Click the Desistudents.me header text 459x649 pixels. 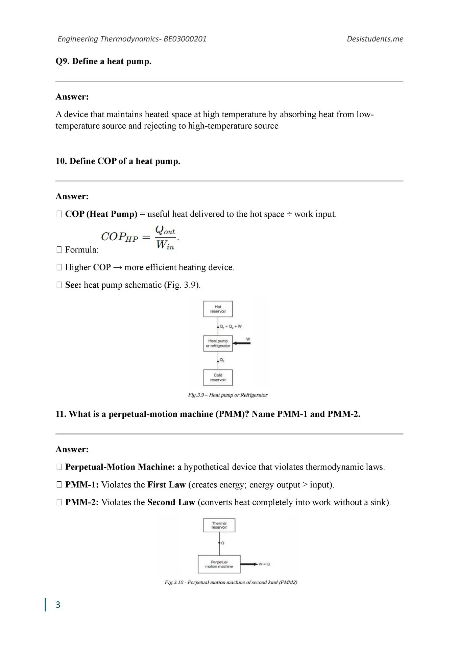click(x=375, y=39)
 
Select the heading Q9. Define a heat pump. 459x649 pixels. click(x=103, y=61)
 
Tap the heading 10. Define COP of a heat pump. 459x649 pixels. click(x=118, y=161)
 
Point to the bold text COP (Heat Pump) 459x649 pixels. click(x=101, y=214)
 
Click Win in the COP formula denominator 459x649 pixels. click(x=165, y=244)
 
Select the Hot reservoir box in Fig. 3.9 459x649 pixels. click(x=218, y=309)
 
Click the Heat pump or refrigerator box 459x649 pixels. click(x=218, y=343)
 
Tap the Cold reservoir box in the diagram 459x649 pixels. click(x=218, y=378)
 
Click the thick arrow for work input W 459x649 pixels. click(x=242, y=343)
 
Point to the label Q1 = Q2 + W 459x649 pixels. click(x=231, y=327)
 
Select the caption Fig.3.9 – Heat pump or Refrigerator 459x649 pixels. click(x=228, y=395)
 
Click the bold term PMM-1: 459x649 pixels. click(x=82, y=485)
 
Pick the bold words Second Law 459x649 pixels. click(x=171, y=502)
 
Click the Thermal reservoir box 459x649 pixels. click(x=219, y=525)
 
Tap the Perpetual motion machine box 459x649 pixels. click(x=219, y=564)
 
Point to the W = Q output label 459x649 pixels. click(x=264, y=564)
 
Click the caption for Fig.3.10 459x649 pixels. click(x=231, y=582)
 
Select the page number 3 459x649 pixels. click(x=58, y=605)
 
